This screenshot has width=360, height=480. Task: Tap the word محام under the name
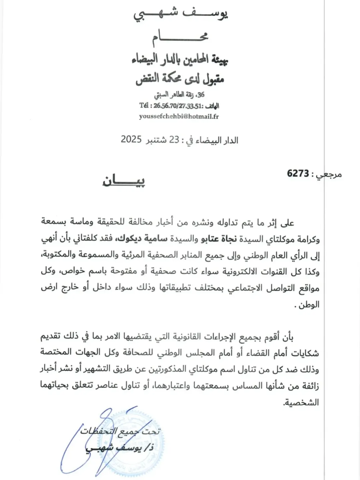tap(180, 36)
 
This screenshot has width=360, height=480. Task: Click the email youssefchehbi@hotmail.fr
tap(179, 116)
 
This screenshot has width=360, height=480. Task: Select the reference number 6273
tap(298, 173)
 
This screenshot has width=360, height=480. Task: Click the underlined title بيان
tap(124, 181)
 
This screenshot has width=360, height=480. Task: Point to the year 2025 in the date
tap(131, 139)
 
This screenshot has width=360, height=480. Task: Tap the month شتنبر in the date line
tap(158, 140)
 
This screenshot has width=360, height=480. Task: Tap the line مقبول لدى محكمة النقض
tap(180, 79)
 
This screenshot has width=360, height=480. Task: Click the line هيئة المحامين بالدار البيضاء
tap(180, 60)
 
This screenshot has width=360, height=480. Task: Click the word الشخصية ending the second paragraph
tap(301, 402)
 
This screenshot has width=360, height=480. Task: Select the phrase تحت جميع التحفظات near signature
tap(120, 431)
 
